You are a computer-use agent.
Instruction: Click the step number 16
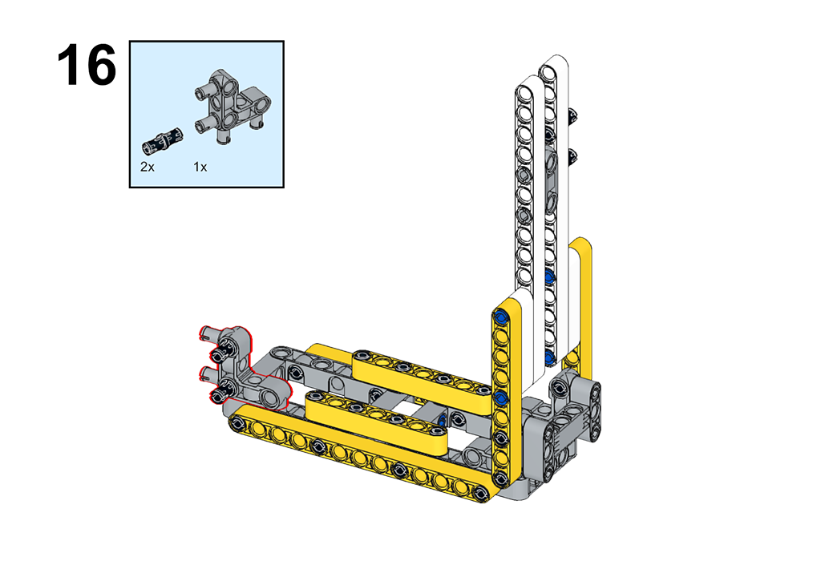pos(87,66)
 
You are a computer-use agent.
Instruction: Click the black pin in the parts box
pos(162,141)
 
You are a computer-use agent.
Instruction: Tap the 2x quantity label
pos(148,167)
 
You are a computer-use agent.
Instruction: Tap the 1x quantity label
pos(200,167)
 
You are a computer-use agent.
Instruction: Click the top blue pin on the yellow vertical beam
pos(501,317)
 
